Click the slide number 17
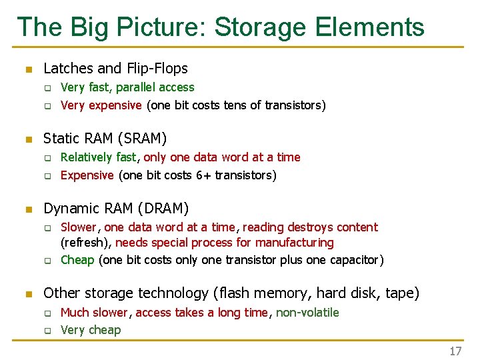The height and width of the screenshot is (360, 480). click(455, 351)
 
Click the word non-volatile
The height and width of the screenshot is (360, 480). click(307, 313)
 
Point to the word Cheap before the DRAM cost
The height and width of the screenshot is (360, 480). click(77, 260)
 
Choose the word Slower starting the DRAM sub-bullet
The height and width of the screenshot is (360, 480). click(79, 227)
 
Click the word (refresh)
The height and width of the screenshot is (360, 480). click(87, 243)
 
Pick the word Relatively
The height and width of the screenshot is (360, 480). click(87, 157)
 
